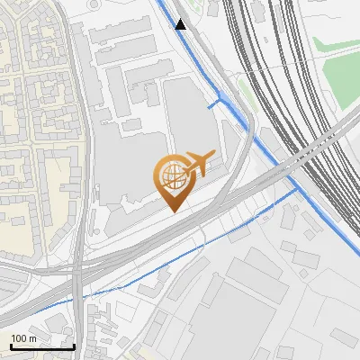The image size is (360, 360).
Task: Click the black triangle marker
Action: click(x=181, y=24)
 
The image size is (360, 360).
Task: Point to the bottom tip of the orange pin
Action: click(x=174, y=211)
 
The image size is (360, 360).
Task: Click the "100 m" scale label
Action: click(x=24, y=338)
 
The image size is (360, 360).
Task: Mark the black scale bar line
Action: click(x=42, y=346)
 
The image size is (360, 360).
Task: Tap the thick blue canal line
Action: click(x=270, y=153)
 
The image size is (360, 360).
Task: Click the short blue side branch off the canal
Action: click(x=214, y=104)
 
